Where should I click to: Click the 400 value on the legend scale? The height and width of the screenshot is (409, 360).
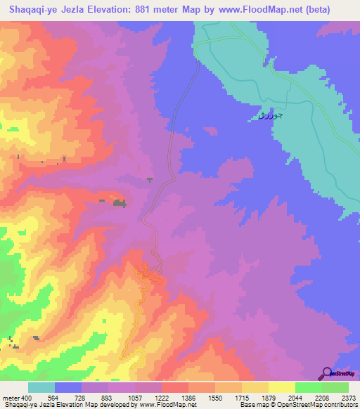click(26, 397)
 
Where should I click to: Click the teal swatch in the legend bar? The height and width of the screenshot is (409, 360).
click(41, 387)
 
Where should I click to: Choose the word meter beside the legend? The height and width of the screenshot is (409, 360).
click(11, 397)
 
